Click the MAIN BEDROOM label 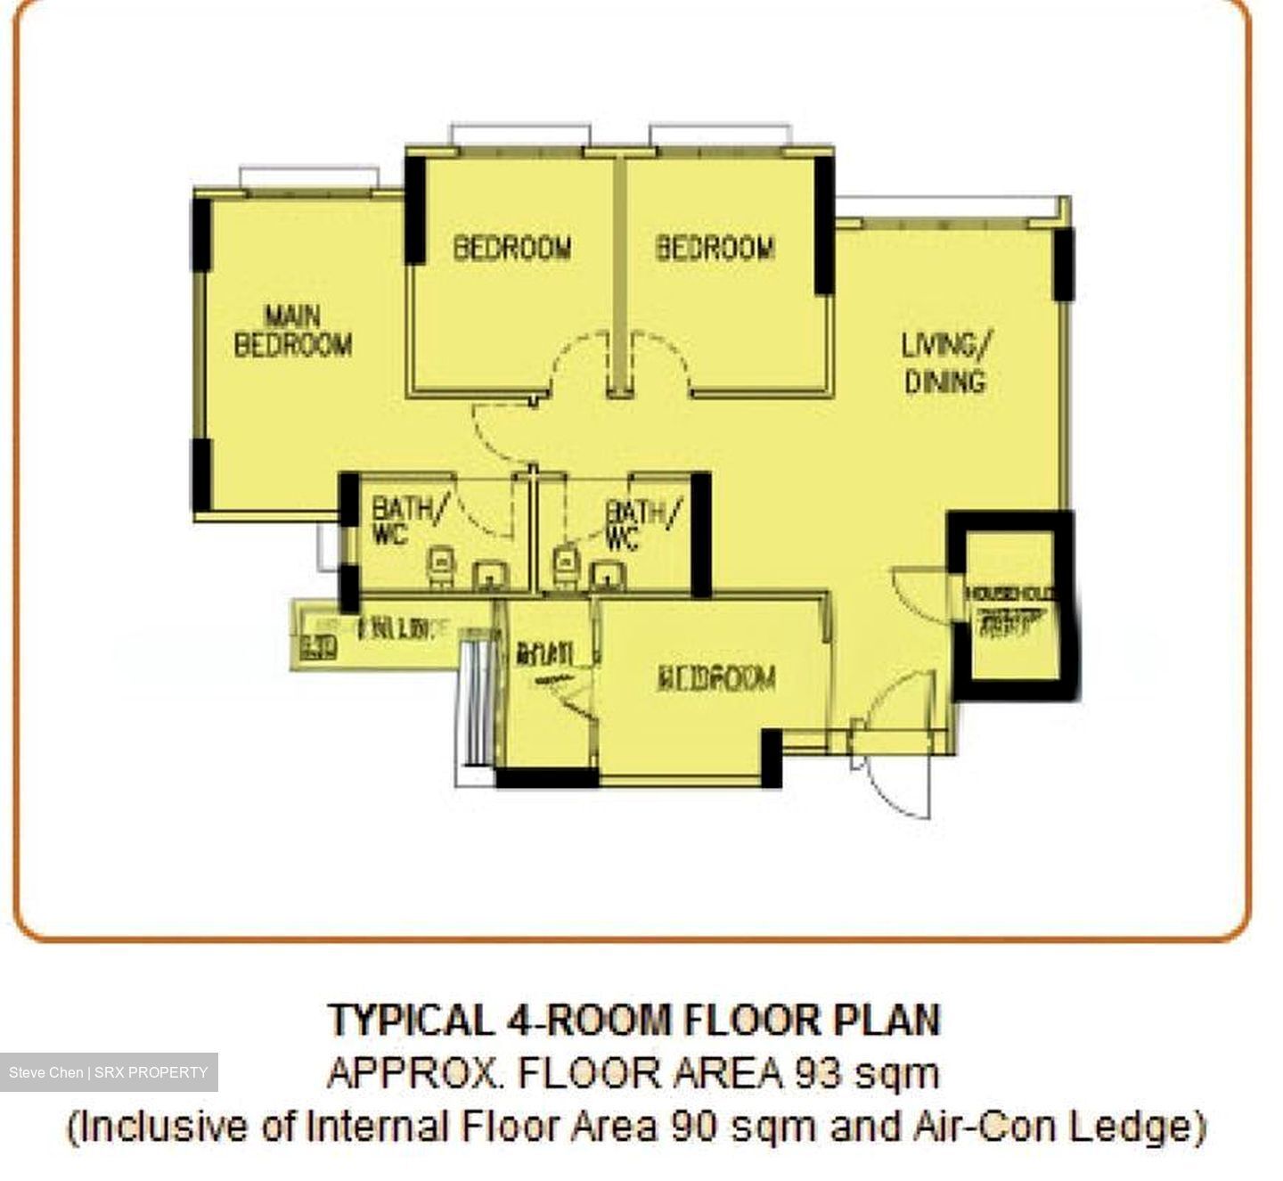(x=292, y=331)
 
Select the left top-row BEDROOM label (x=512, y=247)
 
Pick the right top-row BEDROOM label (x=715, y=247)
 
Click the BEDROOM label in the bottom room (x=716, y=678)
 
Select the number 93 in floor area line (x=814, y=1072)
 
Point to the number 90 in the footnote (x=694, y=1126)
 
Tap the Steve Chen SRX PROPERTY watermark (x=108, y=1072)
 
